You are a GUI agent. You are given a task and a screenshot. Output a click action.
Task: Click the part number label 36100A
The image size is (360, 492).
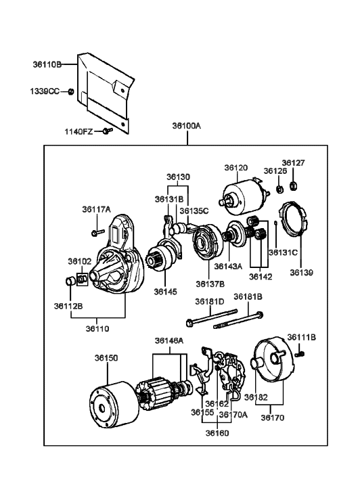pos(187,126)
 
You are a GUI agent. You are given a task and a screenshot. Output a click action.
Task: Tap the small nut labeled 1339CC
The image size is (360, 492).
pos(71,91)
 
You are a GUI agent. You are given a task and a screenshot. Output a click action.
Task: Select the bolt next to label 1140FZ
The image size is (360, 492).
pos(108,131)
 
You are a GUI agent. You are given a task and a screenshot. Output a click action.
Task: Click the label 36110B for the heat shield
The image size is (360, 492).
pos(47,65)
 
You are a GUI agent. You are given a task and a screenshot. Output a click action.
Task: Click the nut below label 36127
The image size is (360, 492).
pos(294,186)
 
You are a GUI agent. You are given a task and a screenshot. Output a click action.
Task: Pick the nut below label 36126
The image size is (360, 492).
pos(279,189)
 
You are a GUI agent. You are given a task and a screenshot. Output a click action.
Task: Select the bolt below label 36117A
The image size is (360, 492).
pos(97,233)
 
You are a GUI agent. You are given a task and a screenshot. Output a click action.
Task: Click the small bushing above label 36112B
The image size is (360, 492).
pos(70,281)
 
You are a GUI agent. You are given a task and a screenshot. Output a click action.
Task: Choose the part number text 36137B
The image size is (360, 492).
pos(210,284)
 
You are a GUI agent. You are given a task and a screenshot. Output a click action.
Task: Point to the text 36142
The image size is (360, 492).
pos(261,277)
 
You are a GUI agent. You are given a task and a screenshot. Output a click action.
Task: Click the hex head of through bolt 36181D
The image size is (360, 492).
pos(189,323)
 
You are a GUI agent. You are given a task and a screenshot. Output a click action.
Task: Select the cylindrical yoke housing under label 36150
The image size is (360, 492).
pos(114,405)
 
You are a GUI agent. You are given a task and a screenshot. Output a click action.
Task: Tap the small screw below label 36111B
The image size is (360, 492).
pos(300,354)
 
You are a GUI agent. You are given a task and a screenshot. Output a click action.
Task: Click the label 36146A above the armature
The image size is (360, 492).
pos(169,341)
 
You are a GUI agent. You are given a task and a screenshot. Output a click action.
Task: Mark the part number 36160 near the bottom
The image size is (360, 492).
pos(217,433)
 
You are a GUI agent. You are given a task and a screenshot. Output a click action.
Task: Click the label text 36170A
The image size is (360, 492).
pos(233,414)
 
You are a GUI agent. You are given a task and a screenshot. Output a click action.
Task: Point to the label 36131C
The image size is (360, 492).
pos(283,252)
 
